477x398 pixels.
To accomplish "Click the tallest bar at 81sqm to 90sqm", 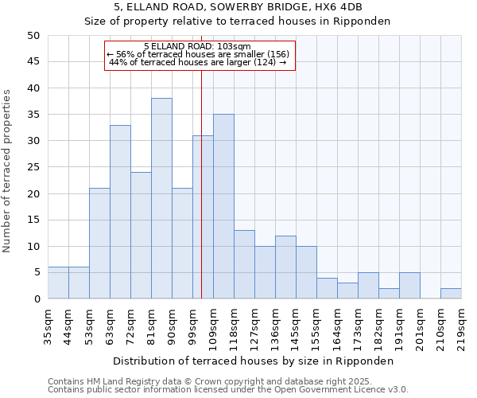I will tap(161, 198).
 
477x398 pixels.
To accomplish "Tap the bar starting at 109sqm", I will tap(223, 206).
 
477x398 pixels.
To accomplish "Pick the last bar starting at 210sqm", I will tap(451, 293).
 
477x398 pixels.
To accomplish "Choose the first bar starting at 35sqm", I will tap(58, 283).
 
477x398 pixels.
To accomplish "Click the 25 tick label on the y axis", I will tap(33, 167).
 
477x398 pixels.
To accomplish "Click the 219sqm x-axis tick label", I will tap(461, 326).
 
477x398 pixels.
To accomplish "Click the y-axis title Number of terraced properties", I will tap(7, 171).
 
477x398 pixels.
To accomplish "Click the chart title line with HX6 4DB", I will tap(238, 7).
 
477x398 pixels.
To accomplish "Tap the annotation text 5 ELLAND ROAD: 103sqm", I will tap(198, 46).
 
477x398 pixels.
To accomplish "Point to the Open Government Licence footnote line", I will tap(228, 390).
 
